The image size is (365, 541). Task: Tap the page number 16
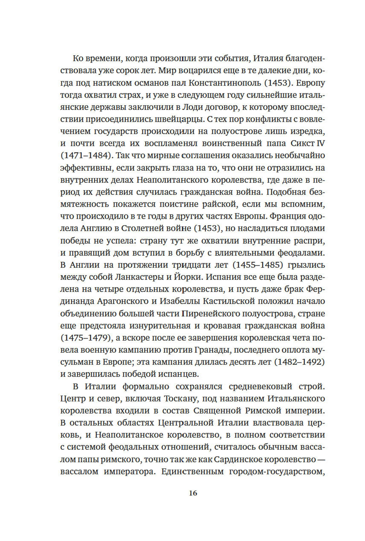point(193,493)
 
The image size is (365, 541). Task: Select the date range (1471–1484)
point(85,155)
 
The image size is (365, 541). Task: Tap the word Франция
point(283,216)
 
